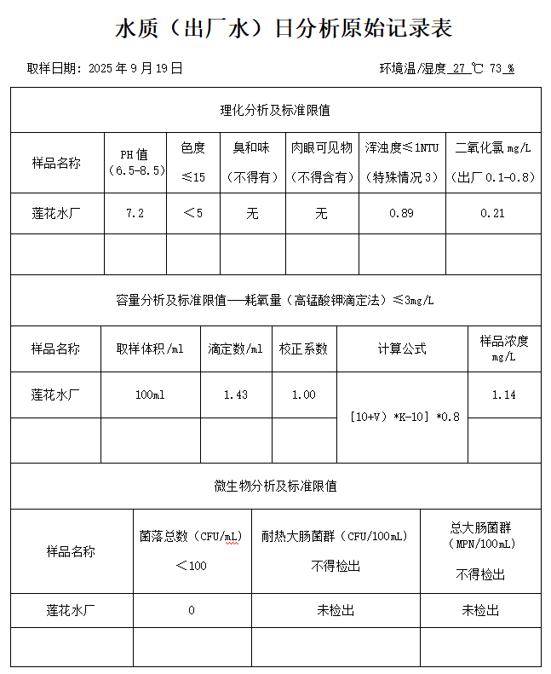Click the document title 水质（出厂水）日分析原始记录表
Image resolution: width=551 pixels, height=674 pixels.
coord(284,29)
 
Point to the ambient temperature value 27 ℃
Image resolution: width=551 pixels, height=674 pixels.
coord(468,68)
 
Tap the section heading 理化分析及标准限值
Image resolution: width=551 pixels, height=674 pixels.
coord(275,110)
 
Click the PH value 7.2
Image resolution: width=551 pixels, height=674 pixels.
coord(135,213)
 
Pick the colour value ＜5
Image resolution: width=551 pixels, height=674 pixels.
coord(193,213)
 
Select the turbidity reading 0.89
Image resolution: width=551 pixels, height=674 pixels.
coord(401,213)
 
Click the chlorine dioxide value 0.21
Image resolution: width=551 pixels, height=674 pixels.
coord(492,213)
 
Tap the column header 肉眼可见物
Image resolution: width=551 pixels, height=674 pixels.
coord(321,147)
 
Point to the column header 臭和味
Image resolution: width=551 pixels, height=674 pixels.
coord(252,147)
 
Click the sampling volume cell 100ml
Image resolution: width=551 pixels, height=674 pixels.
coord(150,395)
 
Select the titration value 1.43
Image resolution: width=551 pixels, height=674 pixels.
coord(236,395)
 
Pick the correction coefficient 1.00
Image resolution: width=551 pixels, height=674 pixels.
coord(303,395)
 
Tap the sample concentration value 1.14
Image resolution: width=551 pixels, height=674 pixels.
coord(504,395)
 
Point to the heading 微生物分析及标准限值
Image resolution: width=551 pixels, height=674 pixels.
coord(275,486)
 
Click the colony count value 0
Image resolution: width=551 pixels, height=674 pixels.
coord(192,610)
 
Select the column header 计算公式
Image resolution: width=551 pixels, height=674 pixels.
coord(402,349)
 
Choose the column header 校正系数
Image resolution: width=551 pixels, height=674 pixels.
coord(303,349)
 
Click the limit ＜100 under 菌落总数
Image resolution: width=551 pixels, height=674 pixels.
coord(192,566)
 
